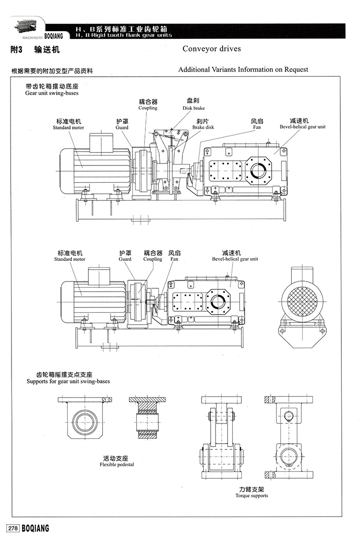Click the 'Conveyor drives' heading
coord(212,48)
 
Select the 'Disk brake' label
coord(193,108)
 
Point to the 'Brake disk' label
coord(203,127)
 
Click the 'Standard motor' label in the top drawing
coord(69,128)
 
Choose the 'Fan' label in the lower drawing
coord(174,259)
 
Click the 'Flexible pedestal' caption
coord(117,464)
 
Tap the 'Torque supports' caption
coord(252,495)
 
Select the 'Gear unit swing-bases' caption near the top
coord(52,93)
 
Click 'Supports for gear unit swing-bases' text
coord(68,381)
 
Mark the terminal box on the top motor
coord(101,141)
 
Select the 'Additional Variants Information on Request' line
coord(243,70)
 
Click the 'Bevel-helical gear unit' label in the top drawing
coord(302,127)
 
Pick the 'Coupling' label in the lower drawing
coord(153,259)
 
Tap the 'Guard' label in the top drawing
coord(122,128)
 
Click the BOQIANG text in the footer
coord(36,529)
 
